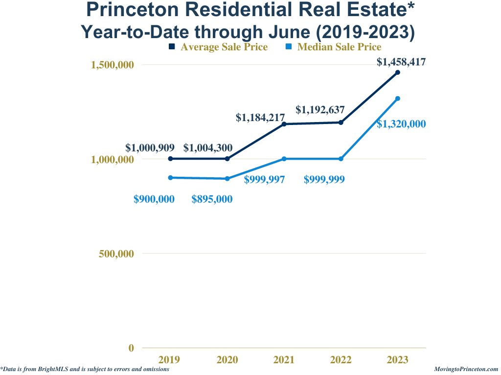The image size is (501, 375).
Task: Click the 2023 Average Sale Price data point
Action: pyautogui.click(x=398, y=72)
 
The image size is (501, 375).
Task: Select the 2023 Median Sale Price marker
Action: pyautogui.click(x=398, y=99)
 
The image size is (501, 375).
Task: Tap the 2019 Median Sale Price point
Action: pyautogui.click(x=170, y=178)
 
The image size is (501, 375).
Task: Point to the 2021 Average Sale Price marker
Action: pyautogui.click(x=284, y=124)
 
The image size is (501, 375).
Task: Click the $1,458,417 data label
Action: pyautogui.click(x=401, y=62)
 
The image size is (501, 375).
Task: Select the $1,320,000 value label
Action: pyautogui.click(x=401, y=124)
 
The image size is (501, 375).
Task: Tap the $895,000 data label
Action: pyautogui.click(x=212, y=199)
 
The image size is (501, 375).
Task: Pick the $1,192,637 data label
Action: pyautogui.click(x=320, y=110)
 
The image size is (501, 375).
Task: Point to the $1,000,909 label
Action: pyautogui.click(x=150, y=147)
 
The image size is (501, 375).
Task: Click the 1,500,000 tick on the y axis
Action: pyautogui.click(x=113, y=65)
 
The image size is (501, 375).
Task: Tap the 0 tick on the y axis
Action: pyautogui.click(x=131, y=348)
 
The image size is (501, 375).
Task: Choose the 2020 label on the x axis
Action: pyautogui.click(x=227, y=360)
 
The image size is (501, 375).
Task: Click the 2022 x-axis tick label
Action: pyautogui.click(x=341, y=360)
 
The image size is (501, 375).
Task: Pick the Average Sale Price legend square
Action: pyautogui.click(x=172, y=47)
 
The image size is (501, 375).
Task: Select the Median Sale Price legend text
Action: pyautogui.click(x=339, y=47)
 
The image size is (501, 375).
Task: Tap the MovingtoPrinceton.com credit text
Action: pyautogui.click(x=466, y=370)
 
